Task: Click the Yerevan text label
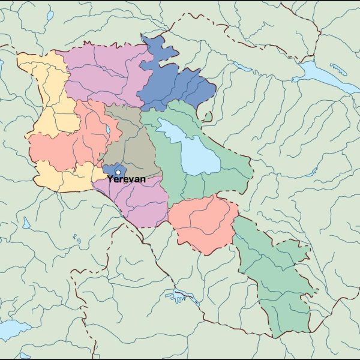tap(126, 179)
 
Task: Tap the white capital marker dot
tap(118, 172)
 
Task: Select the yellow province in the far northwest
tap(48, 90)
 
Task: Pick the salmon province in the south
tap(204, 222)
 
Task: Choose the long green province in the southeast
tap(273, 276)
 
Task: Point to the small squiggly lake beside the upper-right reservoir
tap(338, 70)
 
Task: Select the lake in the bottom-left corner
tap(12, 329)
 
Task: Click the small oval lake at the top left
tap(50, 16)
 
